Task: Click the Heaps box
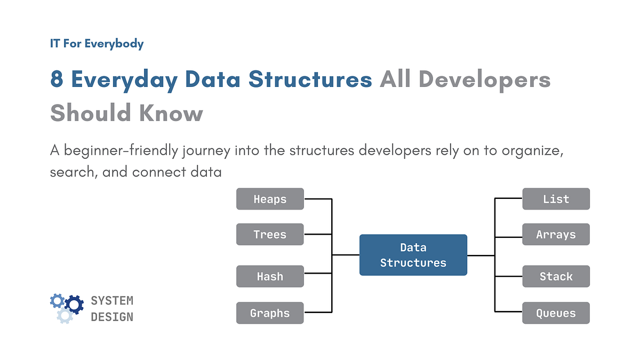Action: (x=270, y=199)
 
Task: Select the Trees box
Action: (x=270, y=234)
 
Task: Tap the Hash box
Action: (x=270, y=276)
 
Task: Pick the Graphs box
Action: (x=270, y=313)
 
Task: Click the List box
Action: (x=556, y=199)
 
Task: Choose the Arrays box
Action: (x=556, y=234)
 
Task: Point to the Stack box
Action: (x=556, y=276)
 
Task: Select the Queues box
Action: (x=556, y=313)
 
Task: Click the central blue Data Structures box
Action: (x=413, y=255)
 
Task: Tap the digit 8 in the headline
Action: (x=57, y=80)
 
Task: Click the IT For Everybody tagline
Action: (x=97, y=43)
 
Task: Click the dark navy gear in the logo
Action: (x=74, y=304)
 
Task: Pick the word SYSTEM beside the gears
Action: (x=112, y=301)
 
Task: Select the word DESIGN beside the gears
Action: (x=112, y=317)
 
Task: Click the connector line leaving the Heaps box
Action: (x=318, y=199)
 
